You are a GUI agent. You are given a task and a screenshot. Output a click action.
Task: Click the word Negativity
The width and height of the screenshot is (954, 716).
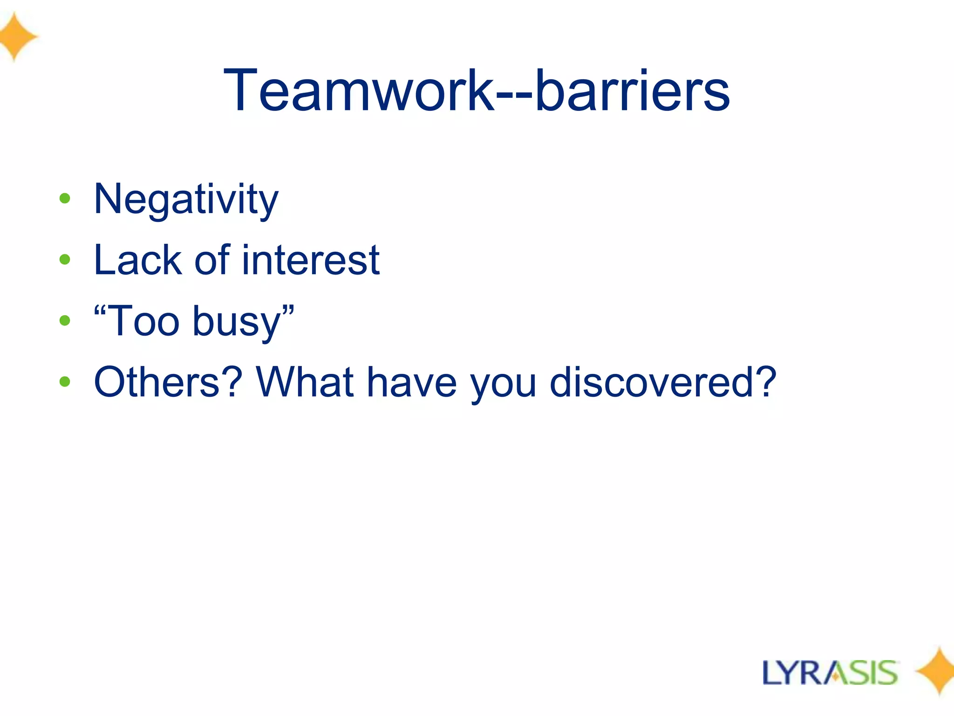pos(186,200)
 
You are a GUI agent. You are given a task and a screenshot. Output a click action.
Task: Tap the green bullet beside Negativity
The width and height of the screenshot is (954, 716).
pos(65,199)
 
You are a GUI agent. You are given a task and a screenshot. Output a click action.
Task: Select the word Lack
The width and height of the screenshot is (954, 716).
pos(137,260)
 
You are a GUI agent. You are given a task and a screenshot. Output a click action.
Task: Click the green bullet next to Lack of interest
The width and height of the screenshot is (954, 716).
pos(65,259)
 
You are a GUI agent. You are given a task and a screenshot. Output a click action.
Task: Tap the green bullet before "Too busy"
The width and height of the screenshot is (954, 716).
pos(65,320)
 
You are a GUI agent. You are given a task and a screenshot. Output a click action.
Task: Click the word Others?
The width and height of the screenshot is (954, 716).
pos(168,382)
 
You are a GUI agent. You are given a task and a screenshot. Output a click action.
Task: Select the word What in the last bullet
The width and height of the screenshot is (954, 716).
pos(305,382)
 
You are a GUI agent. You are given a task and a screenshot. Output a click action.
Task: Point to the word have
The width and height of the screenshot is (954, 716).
pos(412,382)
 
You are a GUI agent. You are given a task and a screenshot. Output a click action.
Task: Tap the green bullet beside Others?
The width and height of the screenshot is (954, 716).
pos(65,382)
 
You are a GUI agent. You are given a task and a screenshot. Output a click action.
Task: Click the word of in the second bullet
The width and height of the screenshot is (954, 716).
pos(212,260)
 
